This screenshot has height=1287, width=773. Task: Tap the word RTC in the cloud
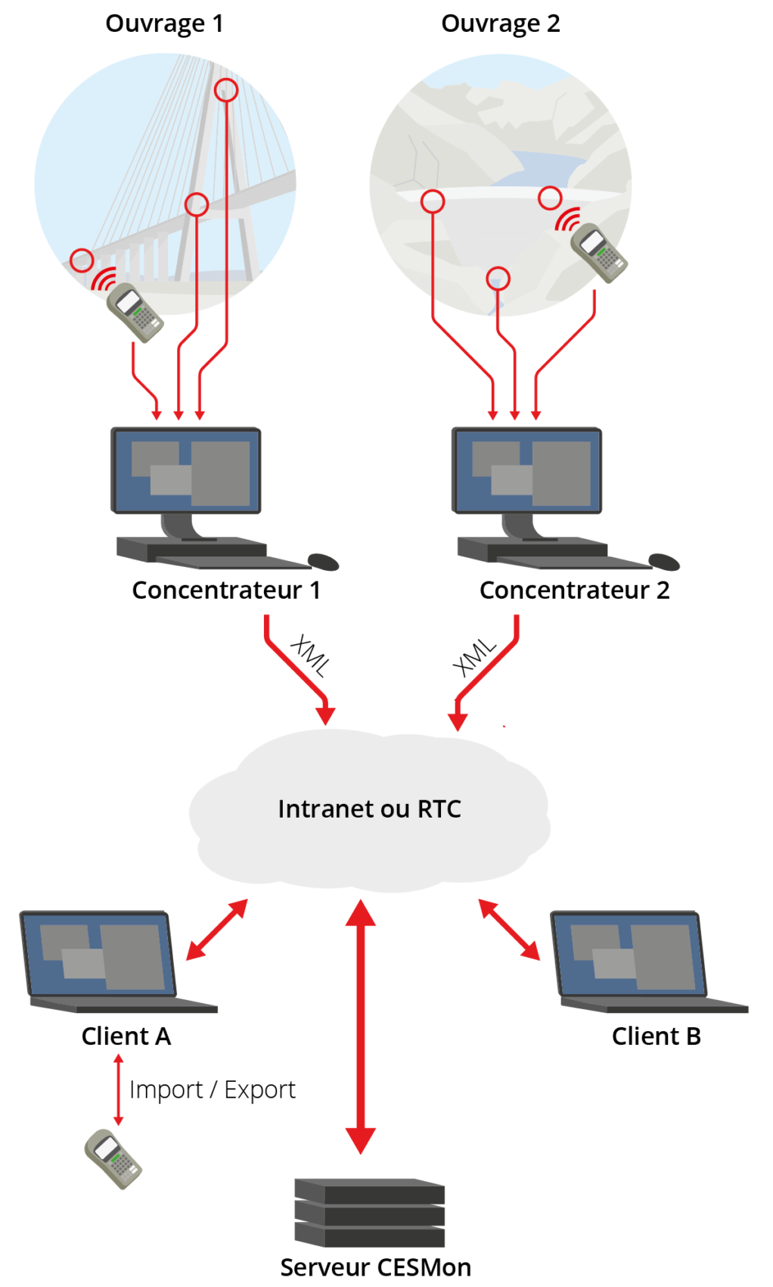439,809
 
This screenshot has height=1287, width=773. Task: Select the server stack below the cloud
369,1212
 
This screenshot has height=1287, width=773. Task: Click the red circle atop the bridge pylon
225,91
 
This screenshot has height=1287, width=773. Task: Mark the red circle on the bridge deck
197,204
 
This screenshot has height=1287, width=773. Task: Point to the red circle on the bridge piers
82,260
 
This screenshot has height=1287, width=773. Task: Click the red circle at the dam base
498,278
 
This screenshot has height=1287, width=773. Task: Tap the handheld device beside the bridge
135,311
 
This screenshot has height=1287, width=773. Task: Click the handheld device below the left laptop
113,1158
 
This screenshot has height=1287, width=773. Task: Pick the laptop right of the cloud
639,961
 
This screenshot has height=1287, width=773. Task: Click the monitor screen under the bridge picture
187,472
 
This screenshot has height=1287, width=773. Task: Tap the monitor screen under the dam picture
527,472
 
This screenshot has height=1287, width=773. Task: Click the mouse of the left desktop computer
323,561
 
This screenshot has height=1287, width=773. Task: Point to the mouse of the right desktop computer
664,561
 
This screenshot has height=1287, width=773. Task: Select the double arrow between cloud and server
361,1026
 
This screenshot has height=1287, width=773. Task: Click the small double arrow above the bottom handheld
118,1089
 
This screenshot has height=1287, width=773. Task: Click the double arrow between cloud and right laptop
509,930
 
